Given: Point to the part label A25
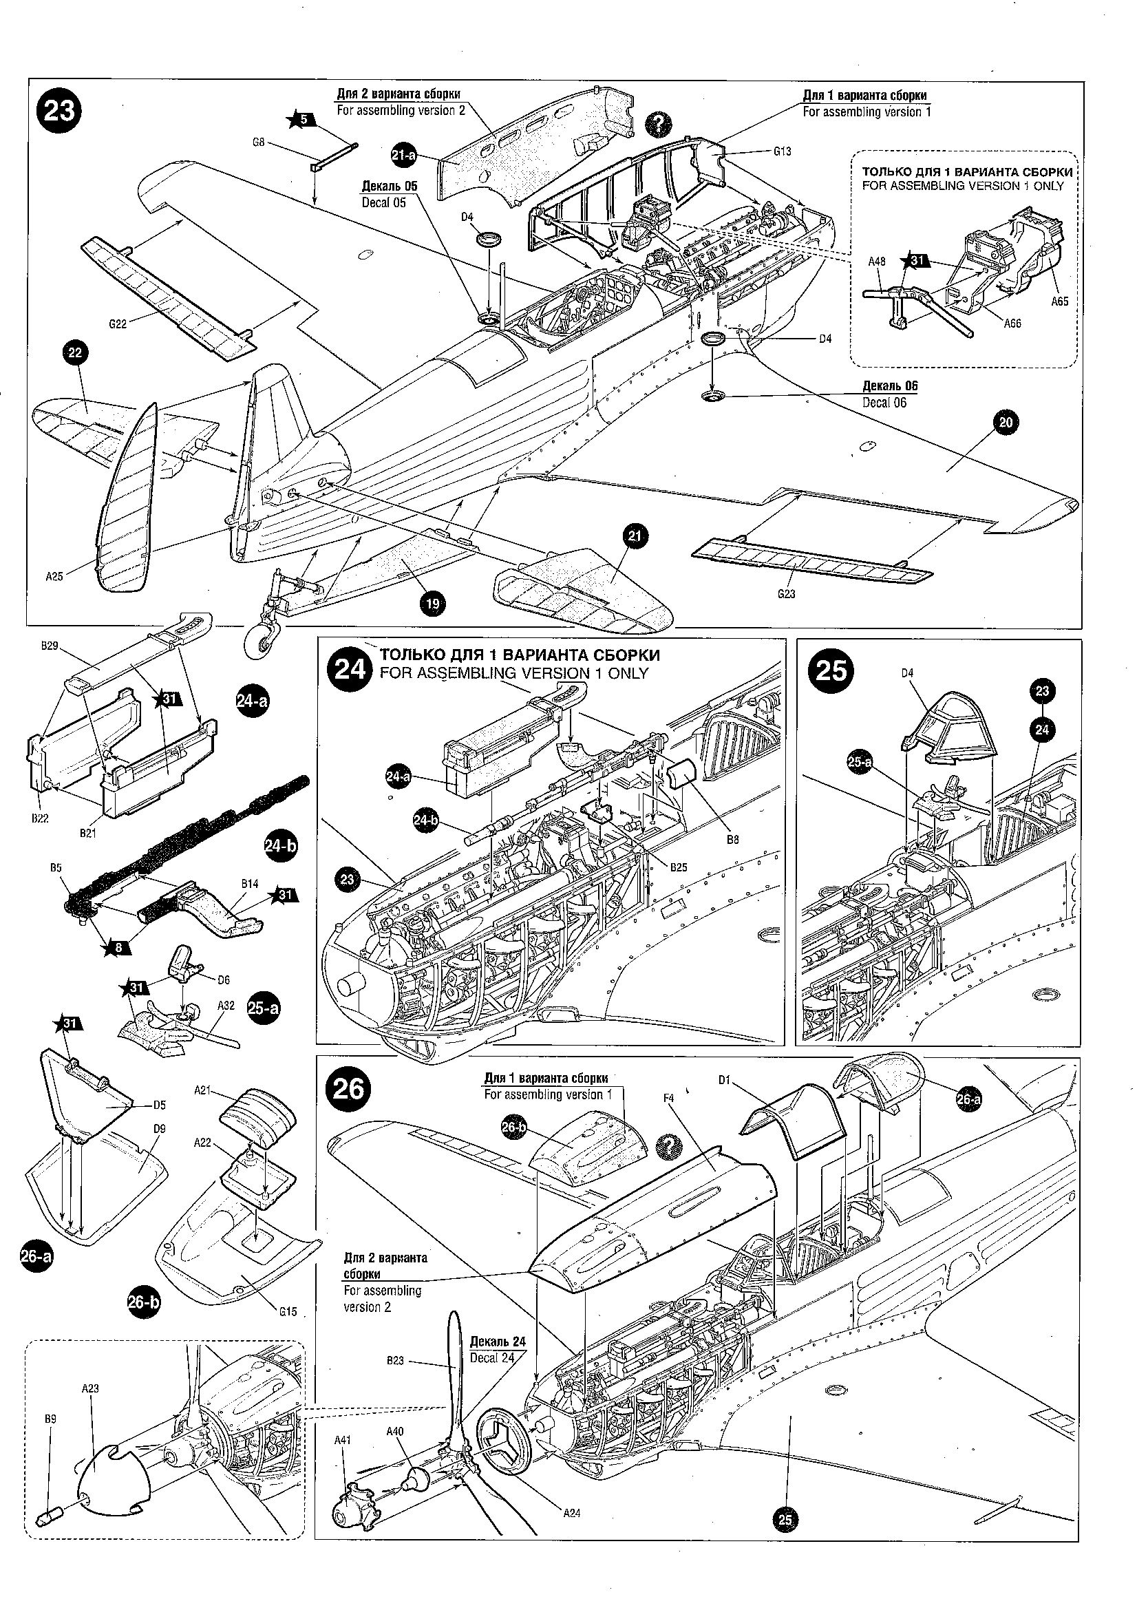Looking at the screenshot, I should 54,576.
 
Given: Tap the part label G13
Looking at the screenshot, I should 783,151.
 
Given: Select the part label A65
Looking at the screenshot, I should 1059,301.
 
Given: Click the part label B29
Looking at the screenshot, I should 49,646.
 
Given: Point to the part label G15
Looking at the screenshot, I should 288,1311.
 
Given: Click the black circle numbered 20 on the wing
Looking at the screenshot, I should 1006,422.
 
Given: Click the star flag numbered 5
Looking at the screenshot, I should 302,119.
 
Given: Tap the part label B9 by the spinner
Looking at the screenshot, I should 50,1418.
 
